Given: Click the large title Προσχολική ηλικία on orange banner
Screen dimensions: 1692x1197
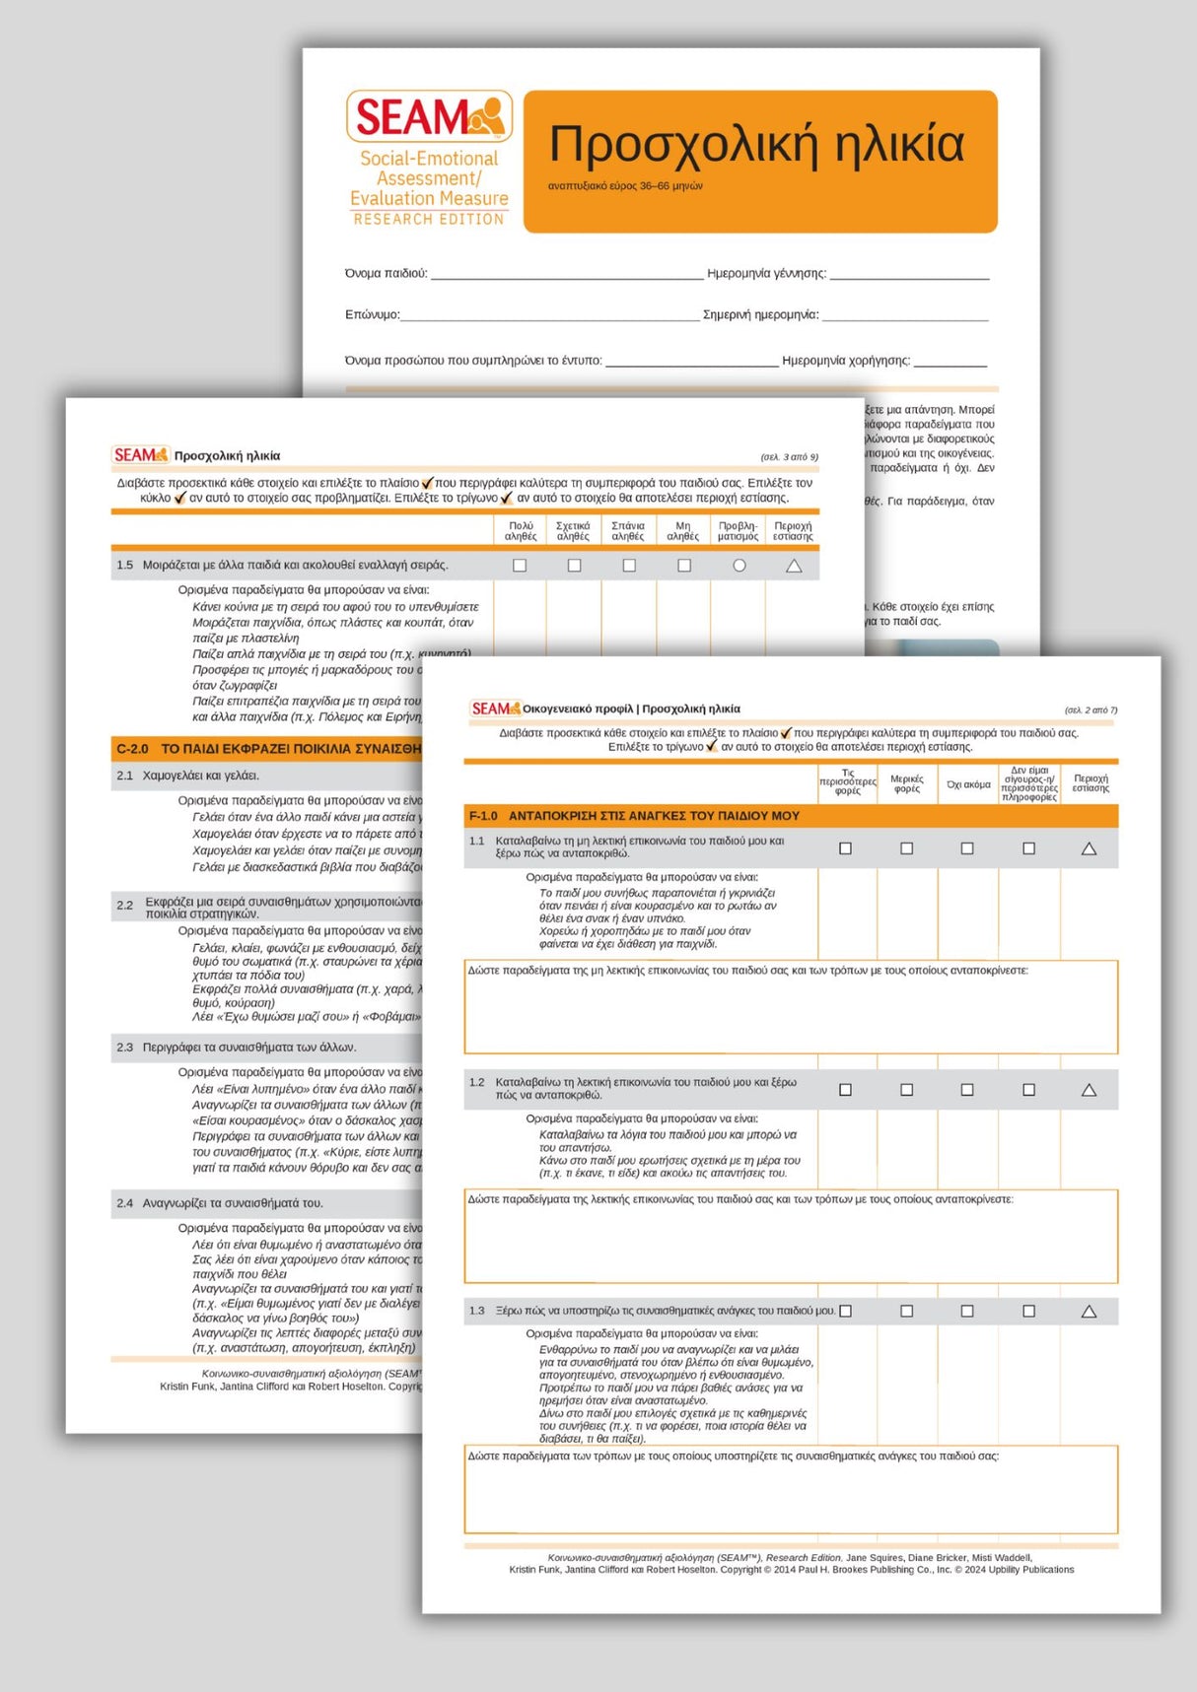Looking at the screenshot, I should coord(756,145).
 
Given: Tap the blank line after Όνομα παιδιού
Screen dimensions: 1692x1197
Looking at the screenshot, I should coord(567,275).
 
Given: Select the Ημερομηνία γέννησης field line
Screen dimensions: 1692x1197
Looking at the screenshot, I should coord(908,275).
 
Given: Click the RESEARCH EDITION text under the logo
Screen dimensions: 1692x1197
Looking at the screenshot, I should coord(429,219).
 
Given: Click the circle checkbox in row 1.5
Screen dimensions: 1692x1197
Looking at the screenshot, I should coord(739,566).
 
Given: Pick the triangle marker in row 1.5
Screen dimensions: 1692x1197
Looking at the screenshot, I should coord(794,566).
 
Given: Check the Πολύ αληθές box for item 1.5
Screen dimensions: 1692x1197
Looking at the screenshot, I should coord(520,566).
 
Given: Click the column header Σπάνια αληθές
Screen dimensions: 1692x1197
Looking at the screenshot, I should coord(628,531).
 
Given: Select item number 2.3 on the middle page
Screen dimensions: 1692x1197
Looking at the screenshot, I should coord(124,1048).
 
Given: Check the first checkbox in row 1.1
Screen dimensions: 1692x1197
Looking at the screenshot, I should coord(845,848).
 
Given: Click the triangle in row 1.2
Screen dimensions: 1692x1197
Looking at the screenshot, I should coord(1089,1090).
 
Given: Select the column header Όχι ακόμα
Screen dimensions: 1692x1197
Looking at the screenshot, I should coord(968,784).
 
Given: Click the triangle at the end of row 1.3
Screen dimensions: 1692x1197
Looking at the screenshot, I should coord(1089,1312).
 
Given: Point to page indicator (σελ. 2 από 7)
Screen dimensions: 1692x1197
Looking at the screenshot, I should coord(1091,710).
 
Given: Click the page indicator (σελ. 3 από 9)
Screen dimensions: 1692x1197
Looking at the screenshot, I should coord(789,457).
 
